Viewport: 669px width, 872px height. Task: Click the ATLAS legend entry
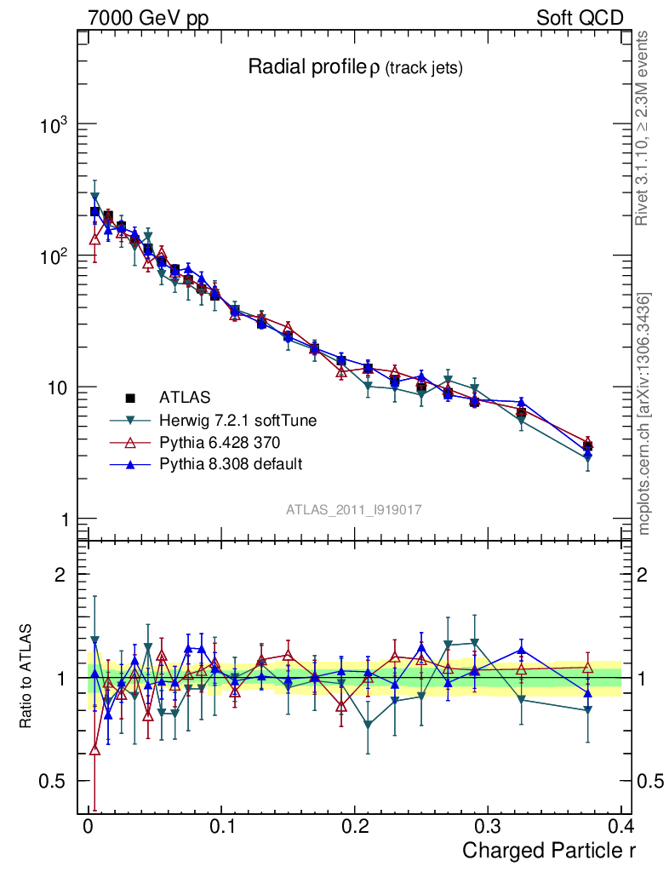[184, 397]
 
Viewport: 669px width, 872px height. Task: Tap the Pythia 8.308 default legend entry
[230, 464]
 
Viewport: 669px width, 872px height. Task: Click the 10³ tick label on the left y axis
[54, 125]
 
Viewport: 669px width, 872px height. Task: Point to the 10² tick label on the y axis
[54, 256]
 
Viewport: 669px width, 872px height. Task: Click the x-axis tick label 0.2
[354, 827]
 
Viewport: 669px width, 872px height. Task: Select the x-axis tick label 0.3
[488, 827]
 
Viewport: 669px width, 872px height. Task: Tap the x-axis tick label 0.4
[621, 827]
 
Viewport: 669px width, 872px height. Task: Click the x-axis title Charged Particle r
[548, 850]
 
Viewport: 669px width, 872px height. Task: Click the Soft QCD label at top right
[580, 18]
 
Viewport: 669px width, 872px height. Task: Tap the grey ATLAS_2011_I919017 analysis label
[354, 509]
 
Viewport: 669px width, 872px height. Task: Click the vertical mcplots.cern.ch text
[644, 414]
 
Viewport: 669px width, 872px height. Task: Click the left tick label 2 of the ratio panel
[60, 574]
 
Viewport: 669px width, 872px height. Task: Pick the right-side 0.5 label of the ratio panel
[650, 781]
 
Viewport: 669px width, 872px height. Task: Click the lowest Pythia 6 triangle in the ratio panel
[94, 749]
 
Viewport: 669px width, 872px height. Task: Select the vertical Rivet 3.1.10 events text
[644, 128]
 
